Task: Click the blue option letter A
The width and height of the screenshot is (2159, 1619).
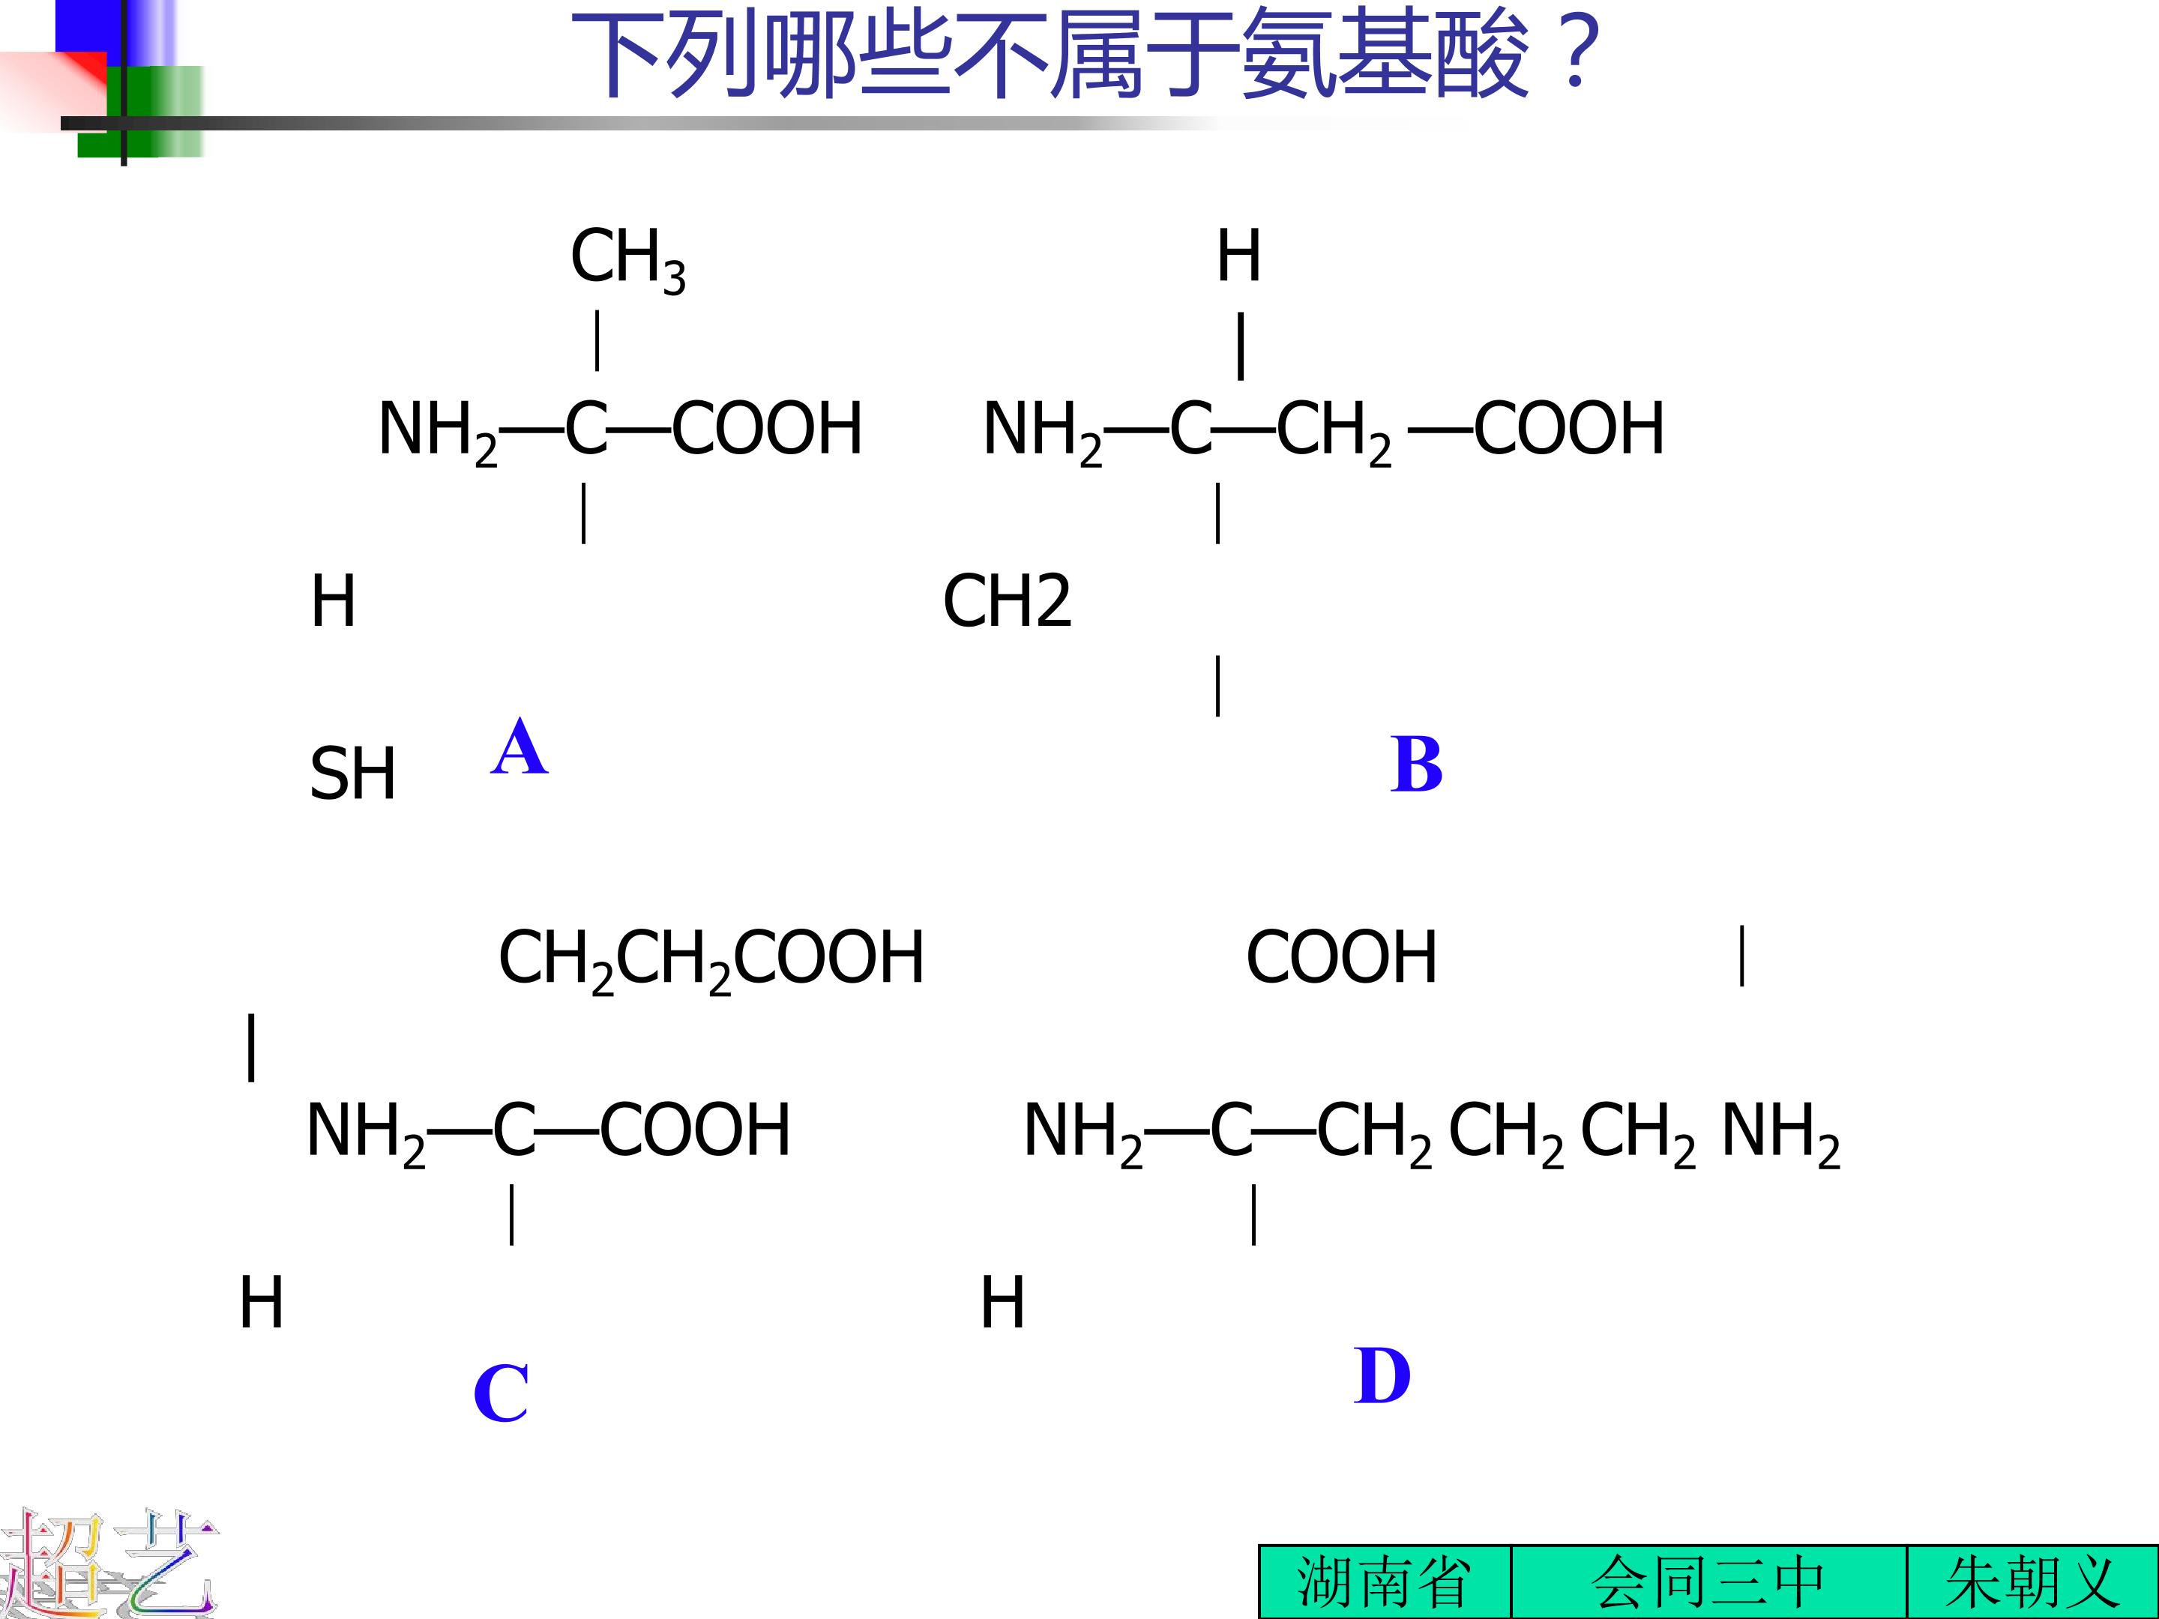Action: pos(520,747)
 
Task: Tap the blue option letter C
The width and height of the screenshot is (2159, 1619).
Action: pos(501,1393)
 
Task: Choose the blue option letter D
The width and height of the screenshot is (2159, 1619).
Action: pos(1382,1376)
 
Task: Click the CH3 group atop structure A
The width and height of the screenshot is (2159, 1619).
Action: pos(628,259)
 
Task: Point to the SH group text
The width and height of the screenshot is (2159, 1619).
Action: pos(352,774)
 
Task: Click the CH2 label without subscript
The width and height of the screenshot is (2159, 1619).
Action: pos(1008,600)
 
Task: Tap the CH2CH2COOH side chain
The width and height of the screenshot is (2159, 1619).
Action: pos(711,959)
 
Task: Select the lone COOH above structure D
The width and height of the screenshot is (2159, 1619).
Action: pos(1341,956)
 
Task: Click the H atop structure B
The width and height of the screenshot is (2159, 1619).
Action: pos(1238,256)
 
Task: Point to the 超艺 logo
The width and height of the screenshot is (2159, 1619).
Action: pos(109,1564)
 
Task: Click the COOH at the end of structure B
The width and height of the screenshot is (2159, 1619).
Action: pos(1568,429)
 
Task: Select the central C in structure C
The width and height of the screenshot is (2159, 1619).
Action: pos(514,1130)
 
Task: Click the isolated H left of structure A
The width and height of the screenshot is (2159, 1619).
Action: pos(333,600)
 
